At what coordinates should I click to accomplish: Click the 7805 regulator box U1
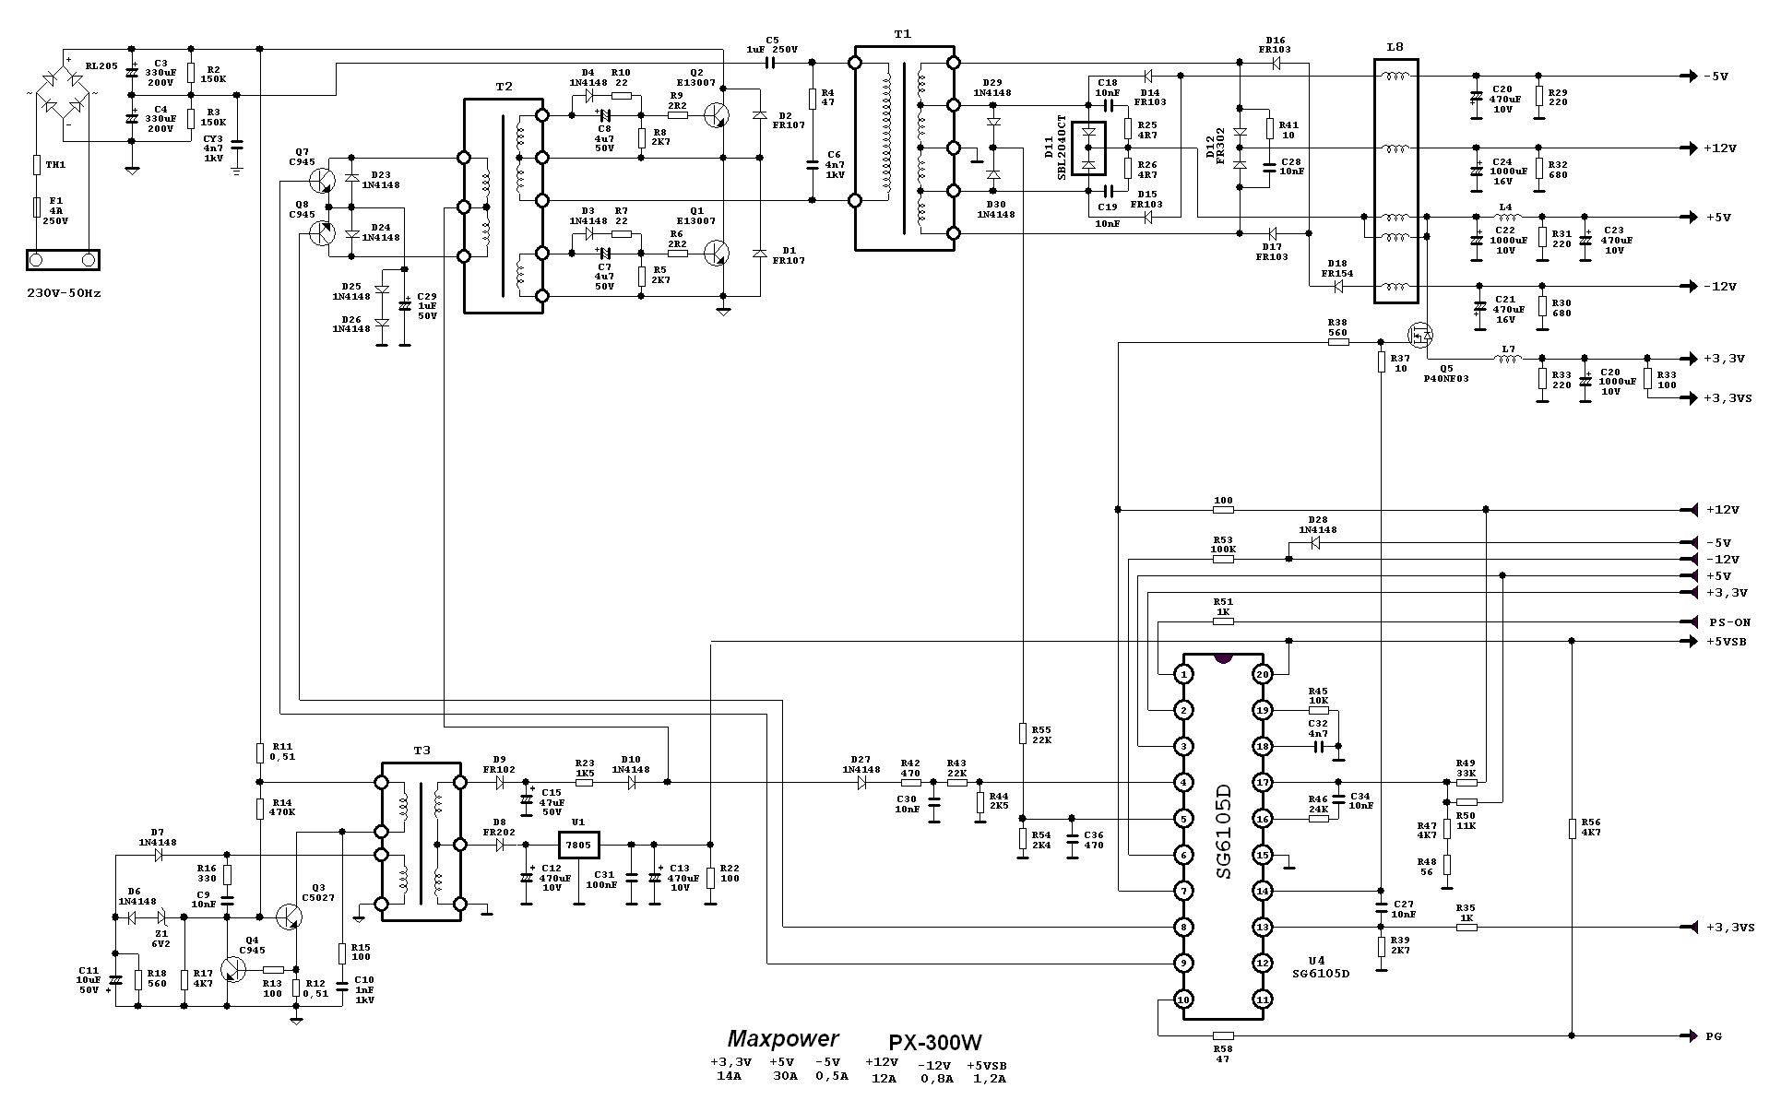[x=578, y=845]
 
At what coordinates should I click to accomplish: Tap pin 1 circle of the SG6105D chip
[x=1184, y=675]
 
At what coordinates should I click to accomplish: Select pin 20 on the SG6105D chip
[x=1263, y=675]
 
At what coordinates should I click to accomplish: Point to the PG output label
[x=1713, y=1036]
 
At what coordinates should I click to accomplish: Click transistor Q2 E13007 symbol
[x=715, y=114]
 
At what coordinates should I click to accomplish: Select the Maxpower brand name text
[x=783, y=1038]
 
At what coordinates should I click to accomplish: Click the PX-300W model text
[x=934, y=1042]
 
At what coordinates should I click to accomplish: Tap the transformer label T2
[x=503, y=86]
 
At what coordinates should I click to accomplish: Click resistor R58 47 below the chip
[x=1223, y=1036]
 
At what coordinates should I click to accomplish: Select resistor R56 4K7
[x=1571, y=829]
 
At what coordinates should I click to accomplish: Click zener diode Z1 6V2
[x=161, y=917]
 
